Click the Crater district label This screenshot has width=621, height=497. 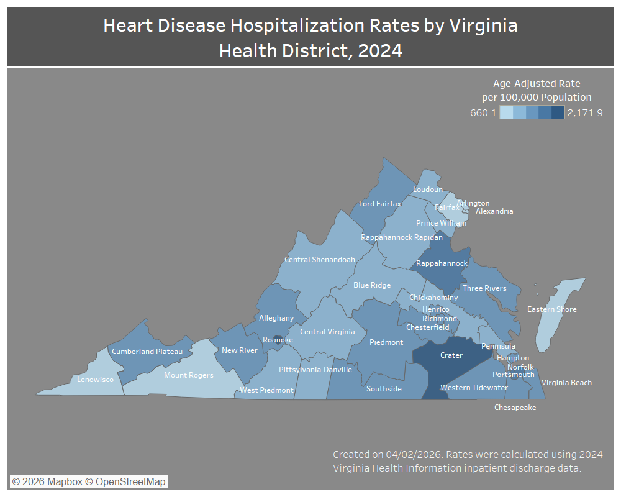(451, 355)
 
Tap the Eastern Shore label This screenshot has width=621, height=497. (551, 309)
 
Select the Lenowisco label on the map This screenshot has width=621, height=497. (95, 379)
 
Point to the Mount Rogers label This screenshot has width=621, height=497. (188, 375)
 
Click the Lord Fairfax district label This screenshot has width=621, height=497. (380, 204)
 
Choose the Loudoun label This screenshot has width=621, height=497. (428, 189)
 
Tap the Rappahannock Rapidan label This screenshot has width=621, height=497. (402, 237)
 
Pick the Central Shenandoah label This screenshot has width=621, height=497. (319, 260)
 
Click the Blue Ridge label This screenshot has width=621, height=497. (372, 285)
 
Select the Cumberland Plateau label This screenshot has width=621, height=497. (147, 352)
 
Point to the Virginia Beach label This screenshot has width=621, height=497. (566, 383)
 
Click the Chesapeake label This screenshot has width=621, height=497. (515, 408)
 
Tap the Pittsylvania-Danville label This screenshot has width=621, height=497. (315, 370)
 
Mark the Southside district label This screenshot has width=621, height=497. (384, 389)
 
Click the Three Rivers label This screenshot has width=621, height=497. (484, 288)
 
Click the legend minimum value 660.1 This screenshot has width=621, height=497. (483, 112)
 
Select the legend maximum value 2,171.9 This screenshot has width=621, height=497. (584, 112)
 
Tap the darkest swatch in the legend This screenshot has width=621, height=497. (558, 112)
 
